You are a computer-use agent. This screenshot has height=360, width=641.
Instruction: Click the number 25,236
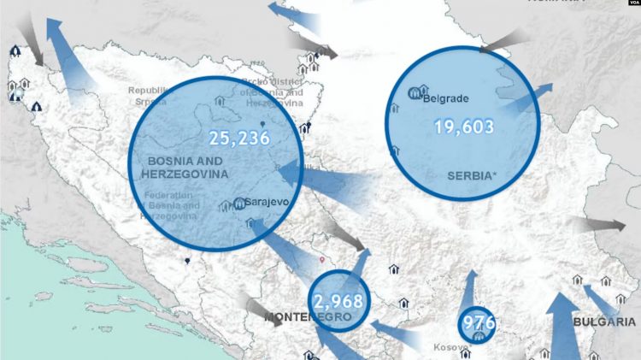click(238, 138)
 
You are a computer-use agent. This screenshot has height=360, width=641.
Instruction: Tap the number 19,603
click(464, 127)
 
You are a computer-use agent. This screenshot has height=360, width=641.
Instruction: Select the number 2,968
click(338, 302)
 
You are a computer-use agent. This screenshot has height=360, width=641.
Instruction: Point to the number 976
click(478, 324)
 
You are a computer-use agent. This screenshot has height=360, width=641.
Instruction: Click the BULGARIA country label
click(604, 322)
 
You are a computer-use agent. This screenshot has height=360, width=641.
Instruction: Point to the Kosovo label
click(450, 348)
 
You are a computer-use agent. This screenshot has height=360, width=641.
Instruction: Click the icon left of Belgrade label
click(419, 91)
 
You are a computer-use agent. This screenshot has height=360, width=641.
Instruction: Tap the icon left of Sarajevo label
click(238, 204)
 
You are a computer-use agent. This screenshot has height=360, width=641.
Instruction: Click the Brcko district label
click(272, 92)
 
